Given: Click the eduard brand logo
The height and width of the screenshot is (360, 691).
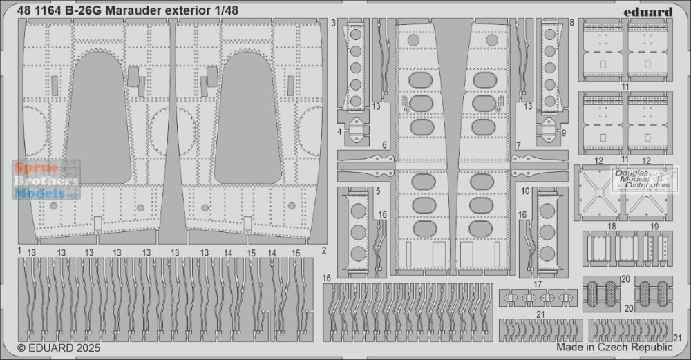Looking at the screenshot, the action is coord(648,12).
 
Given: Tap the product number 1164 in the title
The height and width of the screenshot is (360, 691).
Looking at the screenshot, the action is coord(48,10).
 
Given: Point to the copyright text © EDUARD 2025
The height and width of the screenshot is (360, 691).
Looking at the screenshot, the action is coord(59,348).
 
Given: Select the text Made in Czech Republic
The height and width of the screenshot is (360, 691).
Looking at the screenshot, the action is coord(614,347).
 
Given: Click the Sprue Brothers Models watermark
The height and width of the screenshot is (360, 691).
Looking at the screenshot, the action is coord(46,180).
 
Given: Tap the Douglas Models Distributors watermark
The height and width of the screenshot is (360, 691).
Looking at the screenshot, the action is coord(644,180).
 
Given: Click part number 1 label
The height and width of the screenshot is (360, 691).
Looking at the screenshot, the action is coord(20,250).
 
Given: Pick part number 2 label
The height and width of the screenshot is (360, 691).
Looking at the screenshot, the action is coord(324,250).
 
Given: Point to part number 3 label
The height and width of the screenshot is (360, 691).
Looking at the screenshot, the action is coord(334,23).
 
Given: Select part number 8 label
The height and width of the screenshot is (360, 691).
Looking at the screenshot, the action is coord(572,23).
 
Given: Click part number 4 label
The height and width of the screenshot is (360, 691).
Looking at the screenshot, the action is coord(340,131).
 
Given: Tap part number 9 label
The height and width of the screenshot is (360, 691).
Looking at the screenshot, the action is coord(564,132).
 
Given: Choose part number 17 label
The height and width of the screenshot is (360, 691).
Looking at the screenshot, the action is coord(537,285).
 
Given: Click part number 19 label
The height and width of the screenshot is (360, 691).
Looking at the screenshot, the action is coord(654,227).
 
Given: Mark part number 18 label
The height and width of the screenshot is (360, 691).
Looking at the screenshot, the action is coord(612,227).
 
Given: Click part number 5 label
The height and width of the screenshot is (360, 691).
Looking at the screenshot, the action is coord(378,191).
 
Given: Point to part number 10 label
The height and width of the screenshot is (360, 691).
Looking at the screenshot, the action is coord(525,191).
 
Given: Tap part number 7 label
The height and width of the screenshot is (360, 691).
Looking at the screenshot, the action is coord(518,145).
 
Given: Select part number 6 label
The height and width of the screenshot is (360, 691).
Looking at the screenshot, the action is coord(384,145).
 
